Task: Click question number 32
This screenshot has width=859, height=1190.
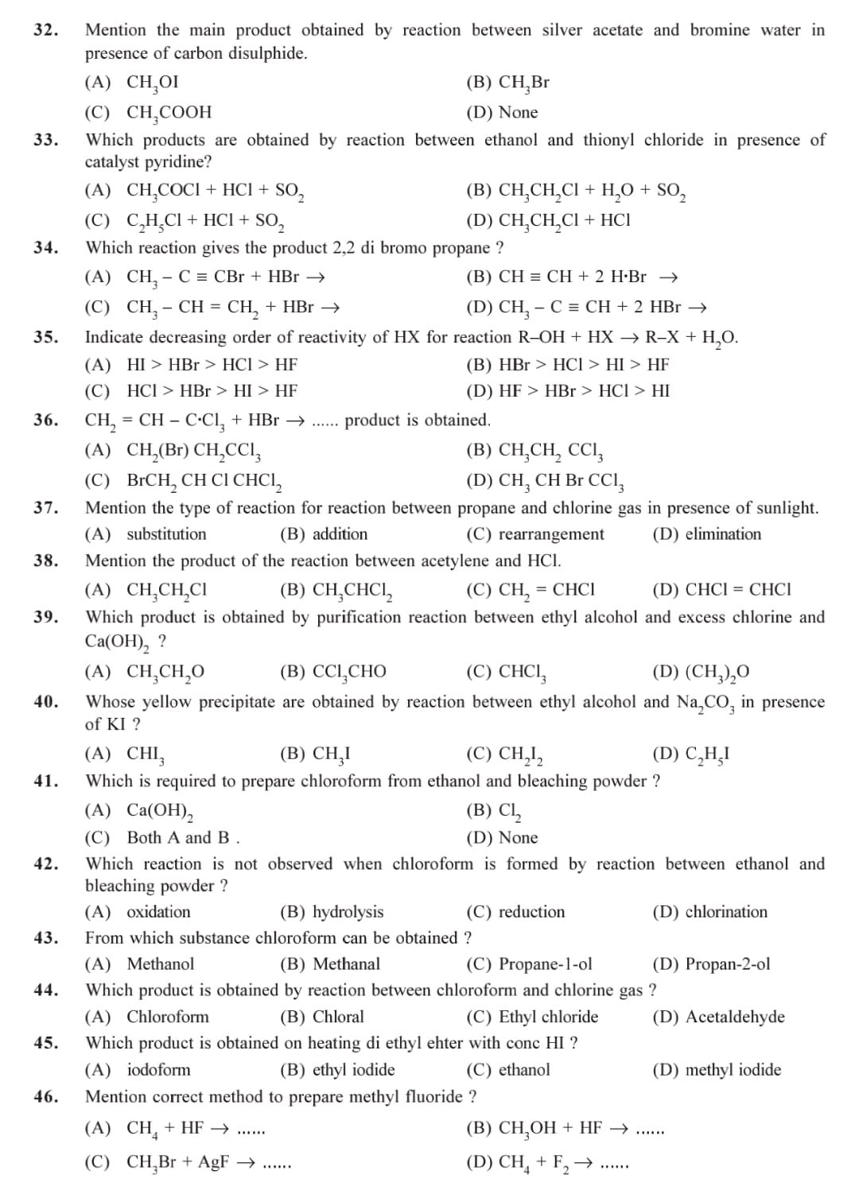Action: [45, 30]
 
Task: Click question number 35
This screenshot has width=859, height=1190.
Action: [45, 337]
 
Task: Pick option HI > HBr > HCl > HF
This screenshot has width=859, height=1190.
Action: [212, 365]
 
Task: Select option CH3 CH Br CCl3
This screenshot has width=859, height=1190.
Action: [561, 481]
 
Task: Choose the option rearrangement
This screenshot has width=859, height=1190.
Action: [550, 534]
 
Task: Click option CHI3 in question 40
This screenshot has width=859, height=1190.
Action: [146, 754]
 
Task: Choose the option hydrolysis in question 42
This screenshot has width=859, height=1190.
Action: [348, 912]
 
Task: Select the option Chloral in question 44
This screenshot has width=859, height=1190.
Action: [338, 1017]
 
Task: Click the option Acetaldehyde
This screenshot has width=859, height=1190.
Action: [734, 1017]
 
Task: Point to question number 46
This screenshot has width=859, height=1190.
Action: [45, 1097]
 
